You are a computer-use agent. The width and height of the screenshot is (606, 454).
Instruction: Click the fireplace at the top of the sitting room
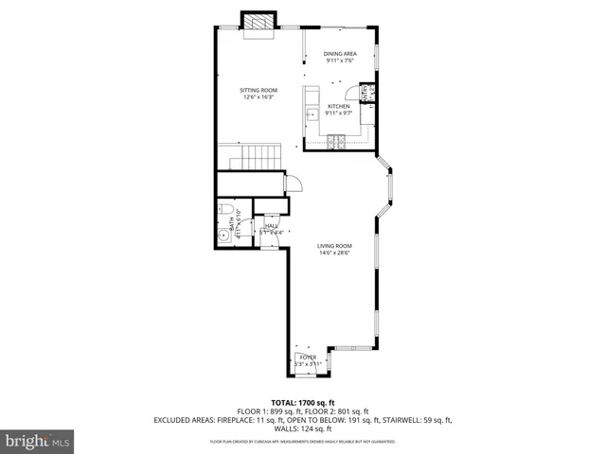coord(258,22)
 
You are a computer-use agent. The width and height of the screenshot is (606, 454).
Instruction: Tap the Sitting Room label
coord(258,90)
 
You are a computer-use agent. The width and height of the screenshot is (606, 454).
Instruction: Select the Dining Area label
coord(339,54)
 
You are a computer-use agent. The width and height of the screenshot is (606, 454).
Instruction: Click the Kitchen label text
coord(339,106)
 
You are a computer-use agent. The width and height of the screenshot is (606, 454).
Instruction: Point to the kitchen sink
coord(310,114)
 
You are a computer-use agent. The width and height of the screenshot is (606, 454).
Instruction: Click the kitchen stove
coord(336,142)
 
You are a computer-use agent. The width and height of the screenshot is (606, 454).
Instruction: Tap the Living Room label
coord(333,246)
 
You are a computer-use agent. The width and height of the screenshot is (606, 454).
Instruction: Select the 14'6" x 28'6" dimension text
coord(333,253)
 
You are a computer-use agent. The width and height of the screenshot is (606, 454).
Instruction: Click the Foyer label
coord(308,357)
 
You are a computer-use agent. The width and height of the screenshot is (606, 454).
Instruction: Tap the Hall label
coord(271,226)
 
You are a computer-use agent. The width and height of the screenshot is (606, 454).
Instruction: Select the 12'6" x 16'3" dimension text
coord(258,97)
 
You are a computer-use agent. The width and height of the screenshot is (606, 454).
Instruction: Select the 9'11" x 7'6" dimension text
coord(339,61)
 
